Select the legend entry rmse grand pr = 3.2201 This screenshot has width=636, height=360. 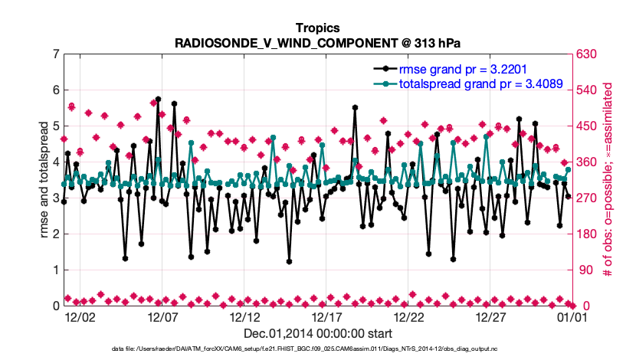pos(474,68)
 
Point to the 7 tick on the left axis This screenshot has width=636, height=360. pos(55,54)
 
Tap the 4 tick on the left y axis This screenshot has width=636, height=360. pos(55,162)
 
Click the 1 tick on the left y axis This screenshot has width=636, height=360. pos(55,270)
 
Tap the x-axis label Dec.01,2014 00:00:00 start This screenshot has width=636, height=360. pos(317,333)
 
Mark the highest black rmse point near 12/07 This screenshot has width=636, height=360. pos(158,99)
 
